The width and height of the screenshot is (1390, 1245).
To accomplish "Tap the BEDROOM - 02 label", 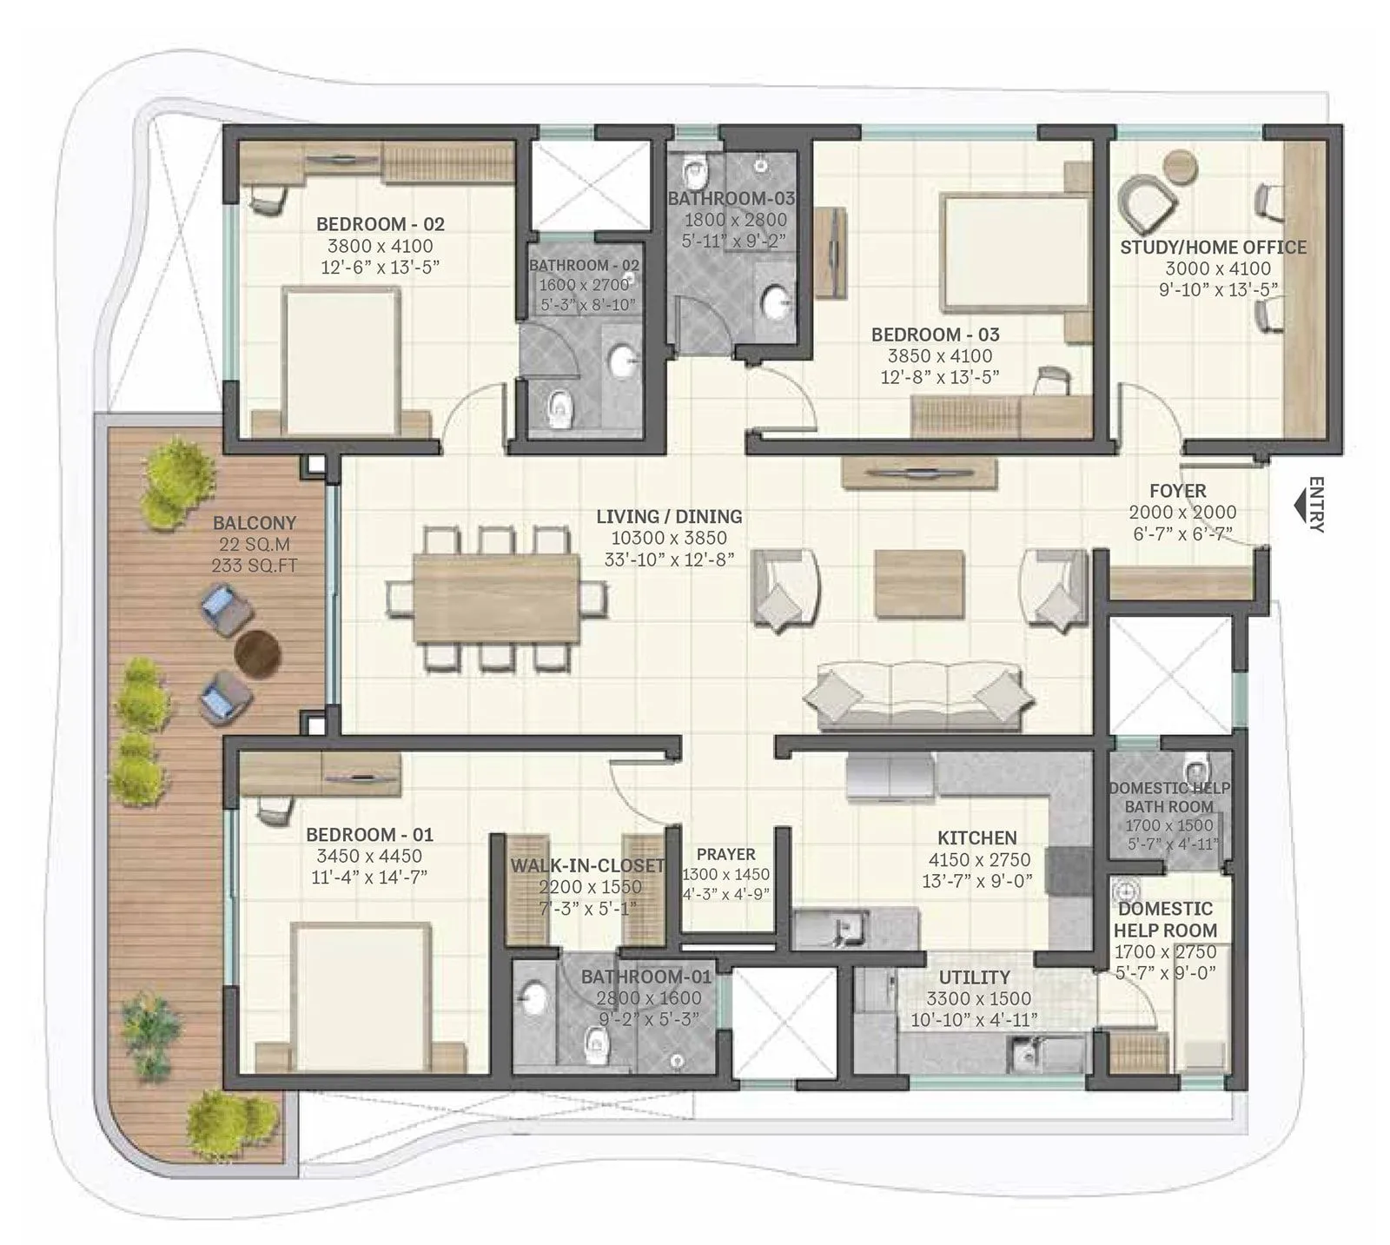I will click(x=380, y=224).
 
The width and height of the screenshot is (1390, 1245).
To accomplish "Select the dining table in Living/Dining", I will click(x=496, y=597).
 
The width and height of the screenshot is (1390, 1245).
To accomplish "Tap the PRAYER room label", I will click(x=725, y=854).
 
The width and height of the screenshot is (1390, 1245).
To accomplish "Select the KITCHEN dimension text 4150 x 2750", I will click(x=977, y=859).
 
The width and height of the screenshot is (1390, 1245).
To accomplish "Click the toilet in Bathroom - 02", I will click(x=561, y=408).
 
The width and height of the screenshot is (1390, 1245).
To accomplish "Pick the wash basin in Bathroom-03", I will click(x=776, y=303).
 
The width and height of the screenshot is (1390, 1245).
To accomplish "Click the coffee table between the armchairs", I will click(x=918, y=582).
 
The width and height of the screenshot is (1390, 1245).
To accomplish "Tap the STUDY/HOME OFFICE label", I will click(x=1213, y=248).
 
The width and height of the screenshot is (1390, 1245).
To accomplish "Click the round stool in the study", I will click(x=1180, y=165).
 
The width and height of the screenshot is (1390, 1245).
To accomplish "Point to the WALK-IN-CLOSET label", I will click(x=587, y=865).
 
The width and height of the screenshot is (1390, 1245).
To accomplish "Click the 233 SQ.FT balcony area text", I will click(x=255, y=566).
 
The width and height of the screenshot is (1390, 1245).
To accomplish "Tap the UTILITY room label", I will click(x=974, y=977).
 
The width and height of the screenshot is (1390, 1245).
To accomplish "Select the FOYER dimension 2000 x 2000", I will click(x=1182, y=513).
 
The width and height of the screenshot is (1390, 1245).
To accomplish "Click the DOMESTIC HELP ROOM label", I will click(x=1165, y=919).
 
